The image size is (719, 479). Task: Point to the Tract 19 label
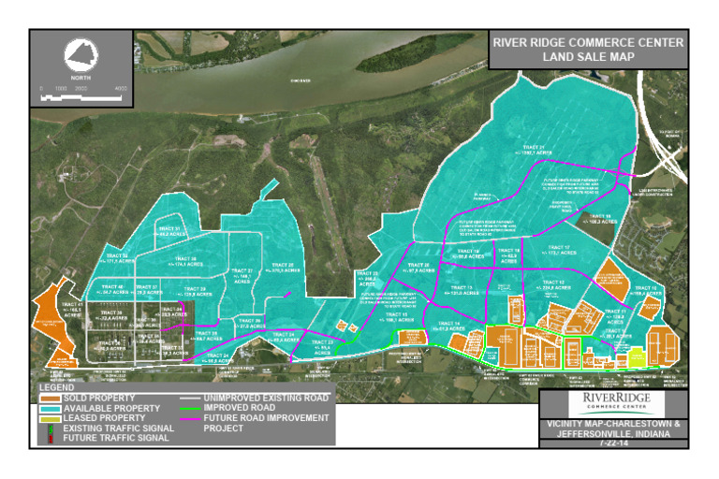point(509,253)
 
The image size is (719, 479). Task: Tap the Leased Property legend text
point(107,418)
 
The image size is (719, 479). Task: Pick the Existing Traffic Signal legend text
point(116,428)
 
